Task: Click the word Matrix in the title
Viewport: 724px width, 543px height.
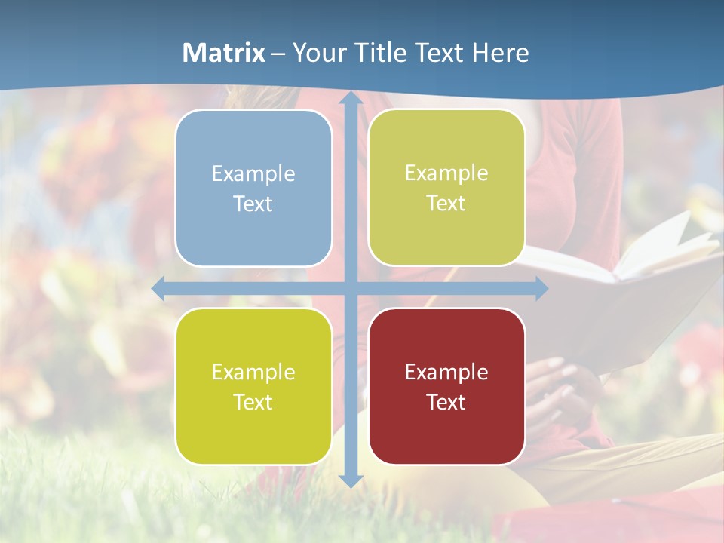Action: click(223, 53)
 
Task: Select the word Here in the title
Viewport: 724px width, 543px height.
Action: click(500, 53)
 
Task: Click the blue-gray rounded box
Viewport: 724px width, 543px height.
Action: click(253, 188)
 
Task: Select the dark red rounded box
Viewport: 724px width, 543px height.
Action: click(446, 386)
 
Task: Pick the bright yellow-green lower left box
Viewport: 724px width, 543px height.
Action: click(253, 386)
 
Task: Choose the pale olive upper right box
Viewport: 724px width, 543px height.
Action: click(446, 187)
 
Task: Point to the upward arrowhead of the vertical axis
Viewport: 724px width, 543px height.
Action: click(350, 99)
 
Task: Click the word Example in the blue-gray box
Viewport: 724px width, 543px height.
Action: click(253, 173)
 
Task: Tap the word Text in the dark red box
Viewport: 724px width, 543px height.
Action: click(446, 402)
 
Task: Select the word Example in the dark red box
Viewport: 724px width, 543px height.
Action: click(446, 372)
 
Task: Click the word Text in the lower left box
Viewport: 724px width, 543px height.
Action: click(253, 402)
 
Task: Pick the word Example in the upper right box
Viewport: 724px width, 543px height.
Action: click(446, 173)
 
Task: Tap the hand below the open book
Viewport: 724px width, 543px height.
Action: click(558, 385)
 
